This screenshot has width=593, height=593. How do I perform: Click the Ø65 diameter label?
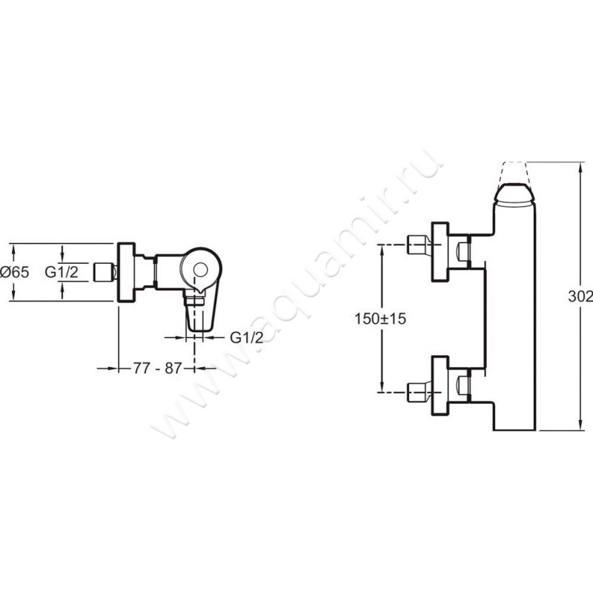pyautogui.click(x=14, y=272)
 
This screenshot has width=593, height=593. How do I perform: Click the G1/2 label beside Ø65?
pyautogui.click(x=62, y=272)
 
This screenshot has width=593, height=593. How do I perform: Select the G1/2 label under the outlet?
pyautogui.click(x=247, y=337)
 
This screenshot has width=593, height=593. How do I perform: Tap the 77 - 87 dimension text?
pyautogui.click(x=157, y=368)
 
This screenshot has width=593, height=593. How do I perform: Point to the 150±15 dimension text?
pyautogui.click(x=380, y=319)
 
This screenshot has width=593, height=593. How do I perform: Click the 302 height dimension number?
pyautogui.click(x=580, y=297)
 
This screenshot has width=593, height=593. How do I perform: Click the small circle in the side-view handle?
pyautogui.click(x=200, y=270)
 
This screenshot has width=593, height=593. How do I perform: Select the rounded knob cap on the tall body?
pyautogui.click(x=514, y=195)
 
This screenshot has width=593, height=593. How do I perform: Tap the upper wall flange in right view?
pyautogui.click(x=440, y=252)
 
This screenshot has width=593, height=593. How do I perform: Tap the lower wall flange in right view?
pyautogui.click(x=440, y=385)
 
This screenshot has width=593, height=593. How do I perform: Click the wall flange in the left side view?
pyautogui.click(x=126, y=272)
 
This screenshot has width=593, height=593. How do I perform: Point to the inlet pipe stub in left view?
pyautogui.click(x=104, y=272)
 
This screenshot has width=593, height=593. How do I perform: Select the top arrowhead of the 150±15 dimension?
pyautogui.click(x=382, y=250)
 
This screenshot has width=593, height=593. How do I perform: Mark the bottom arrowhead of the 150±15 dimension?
pyautogui.click(x=382, y=388)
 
